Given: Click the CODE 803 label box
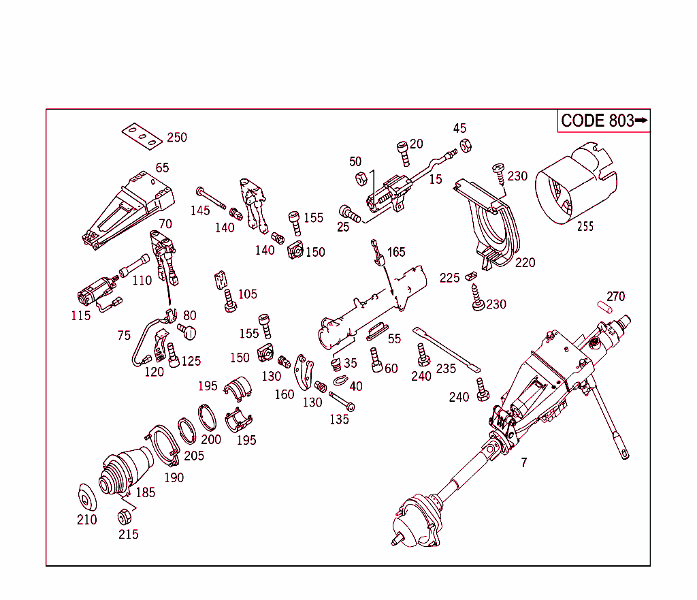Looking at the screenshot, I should pos(604,121).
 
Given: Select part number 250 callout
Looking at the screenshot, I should pos(176,138).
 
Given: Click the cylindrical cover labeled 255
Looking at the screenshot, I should pos(577,185).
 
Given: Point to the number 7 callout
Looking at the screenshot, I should pos(523,463).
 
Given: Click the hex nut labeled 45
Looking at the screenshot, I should pos(466,145).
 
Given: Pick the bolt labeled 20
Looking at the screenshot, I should pos(404,153).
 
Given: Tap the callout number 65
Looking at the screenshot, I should pos(162,168).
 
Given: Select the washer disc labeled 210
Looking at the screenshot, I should pos(86,497).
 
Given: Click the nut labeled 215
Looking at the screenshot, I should pos(124,515).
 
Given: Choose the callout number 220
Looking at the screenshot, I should pos(525,262).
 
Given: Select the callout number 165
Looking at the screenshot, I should pos(396,253).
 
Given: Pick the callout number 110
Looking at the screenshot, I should pos(142,281).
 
